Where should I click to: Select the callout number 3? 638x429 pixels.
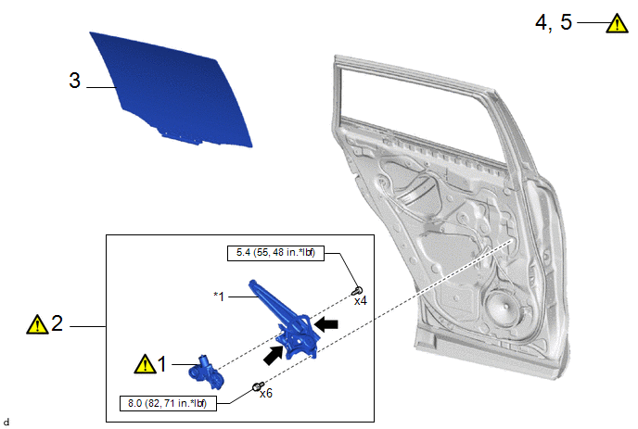74,81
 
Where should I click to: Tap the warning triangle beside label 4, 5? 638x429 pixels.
617,23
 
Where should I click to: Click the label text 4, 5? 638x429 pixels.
554,22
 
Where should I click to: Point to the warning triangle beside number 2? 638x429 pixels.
37,324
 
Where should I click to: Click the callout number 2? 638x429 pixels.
57,323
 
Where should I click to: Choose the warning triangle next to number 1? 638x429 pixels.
145,363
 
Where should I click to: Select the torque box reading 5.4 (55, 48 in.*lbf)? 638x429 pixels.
275,253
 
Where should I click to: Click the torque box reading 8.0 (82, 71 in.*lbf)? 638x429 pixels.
168,403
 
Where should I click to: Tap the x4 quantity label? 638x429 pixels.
361,301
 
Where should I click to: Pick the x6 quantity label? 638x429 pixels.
266,393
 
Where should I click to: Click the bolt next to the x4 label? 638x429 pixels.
357,291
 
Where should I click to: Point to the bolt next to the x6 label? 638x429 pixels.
258,385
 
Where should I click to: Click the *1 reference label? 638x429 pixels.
219,297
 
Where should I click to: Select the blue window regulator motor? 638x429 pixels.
206,372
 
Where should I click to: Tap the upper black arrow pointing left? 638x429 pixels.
326,324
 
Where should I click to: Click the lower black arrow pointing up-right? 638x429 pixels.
273,355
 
